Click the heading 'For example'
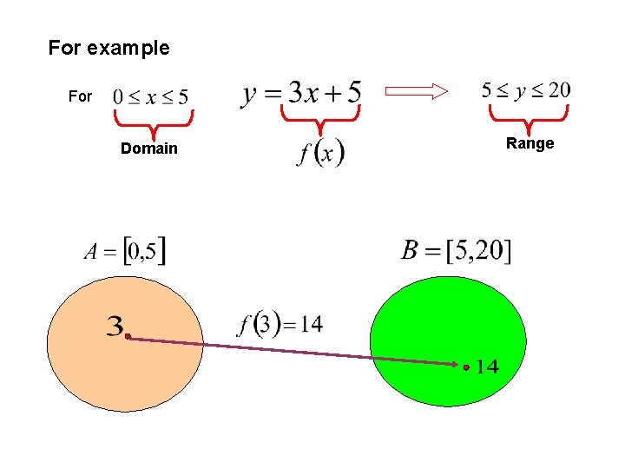tap(109, 48)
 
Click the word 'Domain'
tap(148, 149)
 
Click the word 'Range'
tap(530, 143)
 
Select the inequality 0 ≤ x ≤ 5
tap(150, 96)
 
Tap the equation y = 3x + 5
tap(301, 91)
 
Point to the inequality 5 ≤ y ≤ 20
tap(526, 89)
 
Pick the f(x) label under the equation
tap(320, 154)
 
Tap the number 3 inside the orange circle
tap(115, 327)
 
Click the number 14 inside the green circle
tap(487, 367)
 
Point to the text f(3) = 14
tap(280, 325)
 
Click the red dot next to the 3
tap(127, 336)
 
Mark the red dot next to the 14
tap(466, 367)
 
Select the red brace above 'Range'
tap(529, 116)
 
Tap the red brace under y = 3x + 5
tap(320, 116)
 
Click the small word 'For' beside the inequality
tap(80, 96)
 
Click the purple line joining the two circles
tap(295, 352)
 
